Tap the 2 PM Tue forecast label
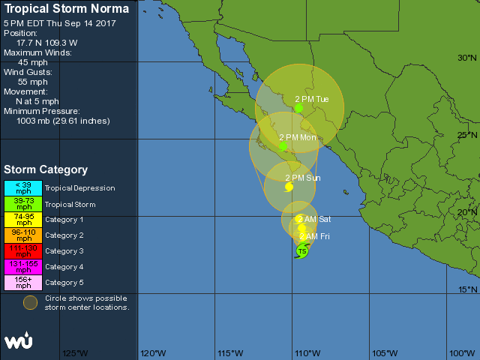click(x=312, y=99)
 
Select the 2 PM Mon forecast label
click(x=298, y=137)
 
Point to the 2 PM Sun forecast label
click(x=303, y=178)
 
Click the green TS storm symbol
click(x=301, y=251)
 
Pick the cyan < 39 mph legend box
click(x=23, y=188)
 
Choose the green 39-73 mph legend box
click(x=23, y=204)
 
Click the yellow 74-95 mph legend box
click(x=23, y=220)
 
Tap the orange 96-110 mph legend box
click(x=23, y=235)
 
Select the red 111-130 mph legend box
click(x=23, y=251)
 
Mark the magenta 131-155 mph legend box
click(x=23, y=267)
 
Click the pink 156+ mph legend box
click(x=23, y=283)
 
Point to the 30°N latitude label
click(x=467, y=58)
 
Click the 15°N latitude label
click(x=467, y=289)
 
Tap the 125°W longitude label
click(x=75, y=353)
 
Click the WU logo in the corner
click(x=19, y=341)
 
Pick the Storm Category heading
click(x=46, y=170)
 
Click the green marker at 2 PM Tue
click(x=298, y=109)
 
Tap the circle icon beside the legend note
click(x=29, y=302)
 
